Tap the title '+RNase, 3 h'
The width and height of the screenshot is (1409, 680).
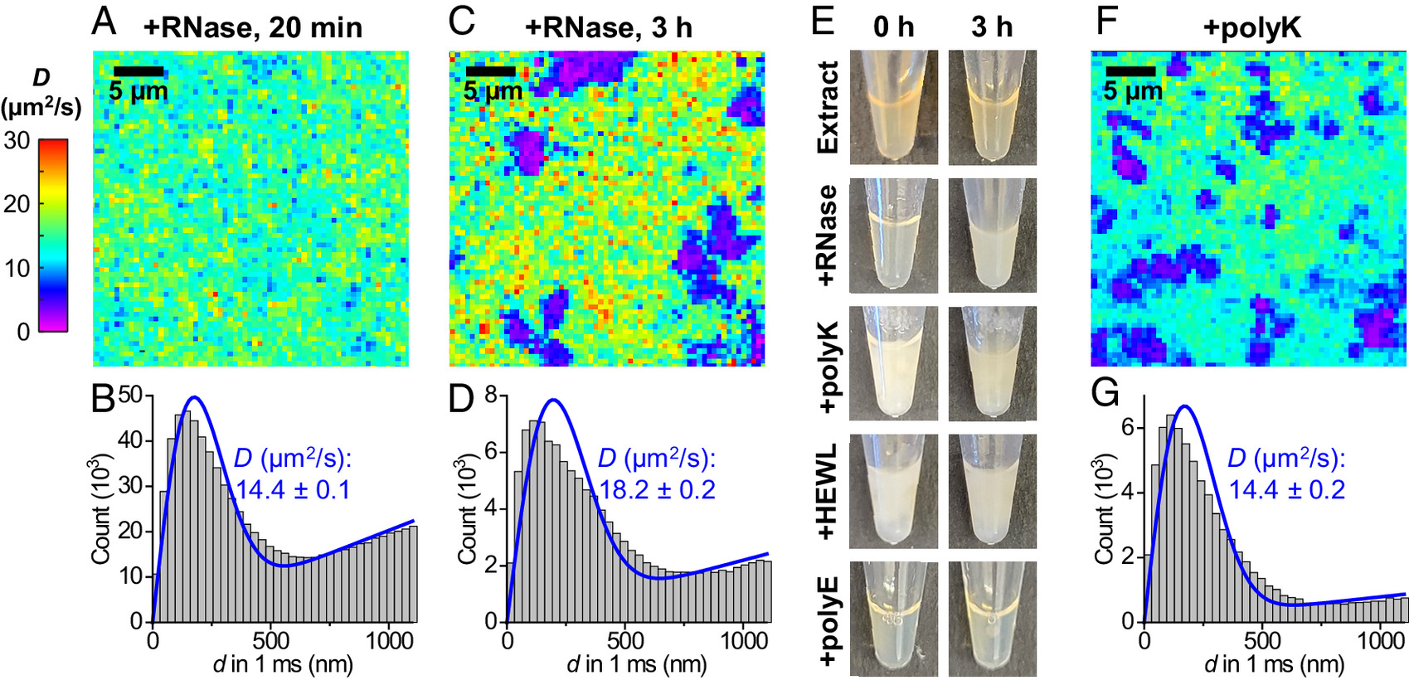608,27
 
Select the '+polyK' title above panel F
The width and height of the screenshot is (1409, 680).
1252,27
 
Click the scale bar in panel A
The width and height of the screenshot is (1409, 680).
138,71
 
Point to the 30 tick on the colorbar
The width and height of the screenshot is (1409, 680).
17,141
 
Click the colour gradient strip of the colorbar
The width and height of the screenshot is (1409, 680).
53,236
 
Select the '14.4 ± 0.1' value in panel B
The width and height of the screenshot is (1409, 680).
293,489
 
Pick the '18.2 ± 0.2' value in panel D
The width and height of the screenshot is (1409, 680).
657,489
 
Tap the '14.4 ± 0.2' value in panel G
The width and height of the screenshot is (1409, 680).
1287,489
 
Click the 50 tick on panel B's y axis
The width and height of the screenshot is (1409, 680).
130,396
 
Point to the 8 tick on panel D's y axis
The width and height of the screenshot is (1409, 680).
491,396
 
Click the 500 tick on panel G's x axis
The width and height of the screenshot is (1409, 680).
1262,640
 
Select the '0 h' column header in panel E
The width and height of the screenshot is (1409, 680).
893,27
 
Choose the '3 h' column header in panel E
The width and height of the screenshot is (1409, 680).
992,27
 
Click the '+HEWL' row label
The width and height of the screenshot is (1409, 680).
828,491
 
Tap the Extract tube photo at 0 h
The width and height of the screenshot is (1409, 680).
894,107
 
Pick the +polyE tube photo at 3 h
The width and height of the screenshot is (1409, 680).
993,619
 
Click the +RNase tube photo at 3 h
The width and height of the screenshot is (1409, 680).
993,236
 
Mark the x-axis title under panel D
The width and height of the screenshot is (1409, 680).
637,664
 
